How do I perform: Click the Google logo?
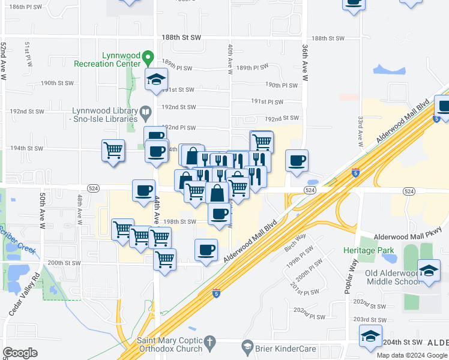[20, 353]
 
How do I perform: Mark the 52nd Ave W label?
[4, 54]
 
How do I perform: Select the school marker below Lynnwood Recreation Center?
[155, 79]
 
